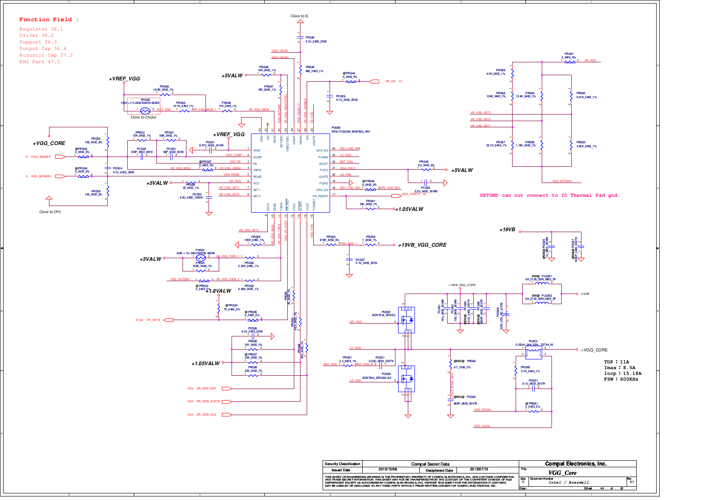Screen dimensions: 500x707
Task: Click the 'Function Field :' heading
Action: [49, 19]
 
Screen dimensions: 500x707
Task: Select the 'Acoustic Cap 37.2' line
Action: [46, 55]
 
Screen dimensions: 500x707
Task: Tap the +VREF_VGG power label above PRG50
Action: [124, 79]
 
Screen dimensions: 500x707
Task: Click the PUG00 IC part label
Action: [336, 128]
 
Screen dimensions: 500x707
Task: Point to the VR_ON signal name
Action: [390, 81]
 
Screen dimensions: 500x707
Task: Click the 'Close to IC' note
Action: [300, 16]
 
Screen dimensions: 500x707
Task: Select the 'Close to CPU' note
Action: [50, 212]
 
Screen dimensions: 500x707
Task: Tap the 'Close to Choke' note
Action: [143, 117]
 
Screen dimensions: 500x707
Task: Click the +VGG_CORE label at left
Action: [49, 143]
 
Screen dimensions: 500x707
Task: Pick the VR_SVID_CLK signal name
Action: [206, 415]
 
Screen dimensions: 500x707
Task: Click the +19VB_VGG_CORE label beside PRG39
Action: [422, 245]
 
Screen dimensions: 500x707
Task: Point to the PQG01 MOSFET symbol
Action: [407, 320]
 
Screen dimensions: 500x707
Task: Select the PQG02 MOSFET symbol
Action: [407, 379]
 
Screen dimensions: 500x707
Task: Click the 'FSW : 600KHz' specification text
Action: [621, 379]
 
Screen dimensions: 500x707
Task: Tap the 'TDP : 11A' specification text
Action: [616, 362]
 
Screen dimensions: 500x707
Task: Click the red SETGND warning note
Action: [550, 195]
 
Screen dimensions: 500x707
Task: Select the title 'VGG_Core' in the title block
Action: [563, 473]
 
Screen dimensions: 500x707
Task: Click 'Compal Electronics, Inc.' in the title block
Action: [576, 464]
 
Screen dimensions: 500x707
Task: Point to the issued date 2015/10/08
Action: [388, 469]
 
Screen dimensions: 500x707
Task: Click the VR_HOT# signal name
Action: [153, 320]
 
